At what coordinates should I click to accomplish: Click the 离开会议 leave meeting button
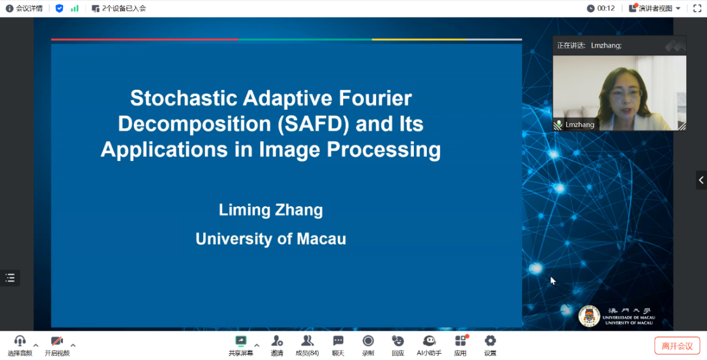677,345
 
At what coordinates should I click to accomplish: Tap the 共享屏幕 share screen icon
241,340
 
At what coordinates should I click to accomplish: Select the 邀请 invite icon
277,340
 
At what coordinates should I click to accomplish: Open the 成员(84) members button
307,345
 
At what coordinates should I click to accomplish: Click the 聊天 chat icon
338,340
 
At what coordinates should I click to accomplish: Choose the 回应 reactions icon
397,340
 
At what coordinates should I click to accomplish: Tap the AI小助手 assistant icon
429,340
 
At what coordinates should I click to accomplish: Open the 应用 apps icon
460,340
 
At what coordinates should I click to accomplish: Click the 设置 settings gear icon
490,340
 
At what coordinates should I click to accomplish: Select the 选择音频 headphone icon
20,340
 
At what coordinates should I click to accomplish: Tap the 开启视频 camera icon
57,340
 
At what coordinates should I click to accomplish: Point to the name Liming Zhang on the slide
271,210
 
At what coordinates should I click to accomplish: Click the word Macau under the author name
322,239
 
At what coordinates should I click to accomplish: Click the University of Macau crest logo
589,316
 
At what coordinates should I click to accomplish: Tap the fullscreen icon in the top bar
697,8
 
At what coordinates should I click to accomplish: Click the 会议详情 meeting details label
29,8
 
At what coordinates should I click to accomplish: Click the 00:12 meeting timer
606,8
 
